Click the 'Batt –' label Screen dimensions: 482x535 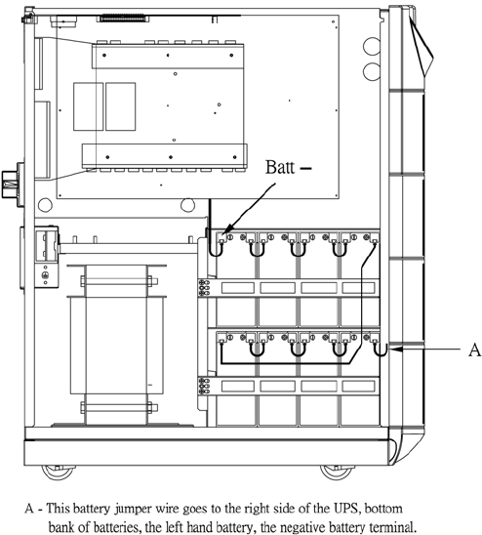pyautogui.click(x=288, y=167)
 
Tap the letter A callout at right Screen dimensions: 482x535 pyautogui.click(x=474, y=350)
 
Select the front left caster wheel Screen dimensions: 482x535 pyautogui.click(x=58, y=472)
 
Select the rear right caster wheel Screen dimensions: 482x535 pyautogui.click(x=336, y=472)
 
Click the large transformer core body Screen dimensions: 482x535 pyautogui.click(x=117, y=345)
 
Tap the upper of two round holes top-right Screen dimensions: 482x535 pyautogui.click(x=372, y=46)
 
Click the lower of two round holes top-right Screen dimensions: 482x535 pyautogui.click(x=372, y=71)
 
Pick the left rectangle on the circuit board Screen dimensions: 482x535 pyautogui.click(x=89, y=106)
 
